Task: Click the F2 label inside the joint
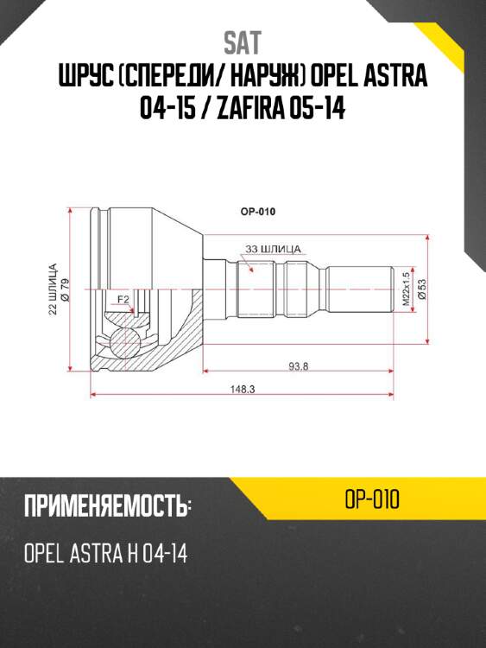click(x=123, y=300)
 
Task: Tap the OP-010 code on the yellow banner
click(x=371, y=500)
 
